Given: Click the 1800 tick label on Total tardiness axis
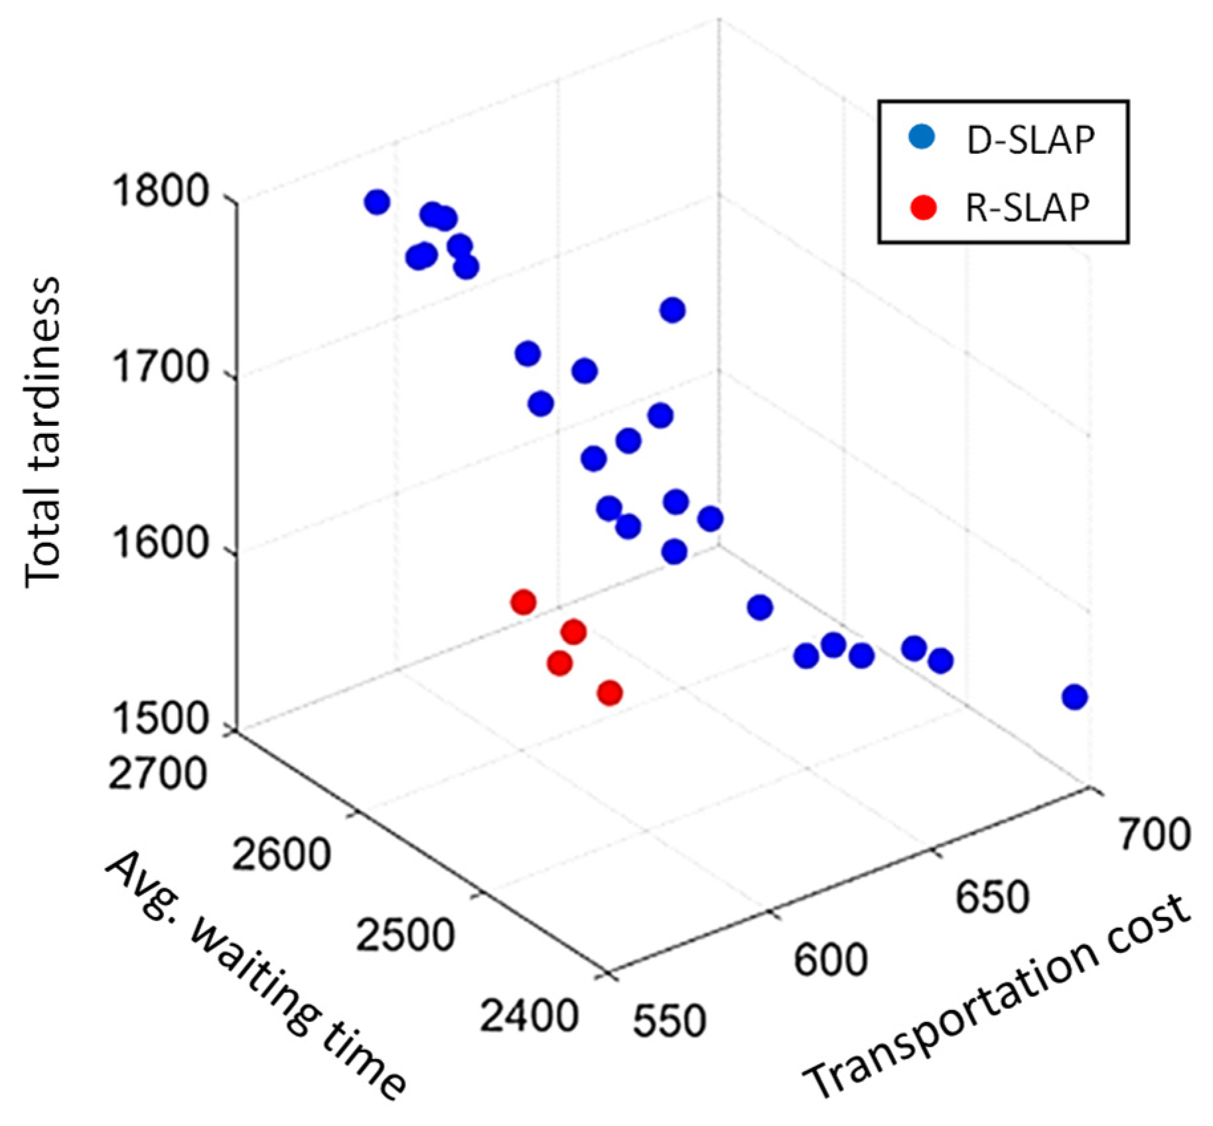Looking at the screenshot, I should click(162, 192).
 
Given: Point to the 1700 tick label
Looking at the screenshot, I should click(162, 368).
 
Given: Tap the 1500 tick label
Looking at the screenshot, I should click(162, 719).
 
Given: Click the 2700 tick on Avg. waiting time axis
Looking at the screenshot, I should click(157, 772).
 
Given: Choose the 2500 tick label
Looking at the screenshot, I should click(405, 934).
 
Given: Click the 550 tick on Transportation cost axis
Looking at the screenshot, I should click(669, 1020).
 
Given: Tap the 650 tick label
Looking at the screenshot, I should click(992, 897).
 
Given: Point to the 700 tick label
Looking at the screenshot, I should click(1154, 834).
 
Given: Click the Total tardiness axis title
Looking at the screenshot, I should click(43, 431).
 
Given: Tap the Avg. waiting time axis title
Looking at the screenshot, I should click(255, 975).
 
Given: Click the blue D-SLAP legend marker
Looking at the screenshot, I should click(922, 137).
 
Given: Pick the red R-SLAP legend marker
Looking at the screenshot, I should click(923, 207).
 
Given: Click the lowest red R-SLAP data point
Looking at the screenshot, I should click(610, 693).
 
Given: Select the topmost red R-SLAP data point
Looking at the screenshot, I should click(524, 602).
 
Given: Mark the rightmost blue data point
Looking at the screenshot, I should click(1074, 697).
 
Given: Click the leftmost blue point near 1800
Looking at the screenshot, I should click(377, 202).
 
